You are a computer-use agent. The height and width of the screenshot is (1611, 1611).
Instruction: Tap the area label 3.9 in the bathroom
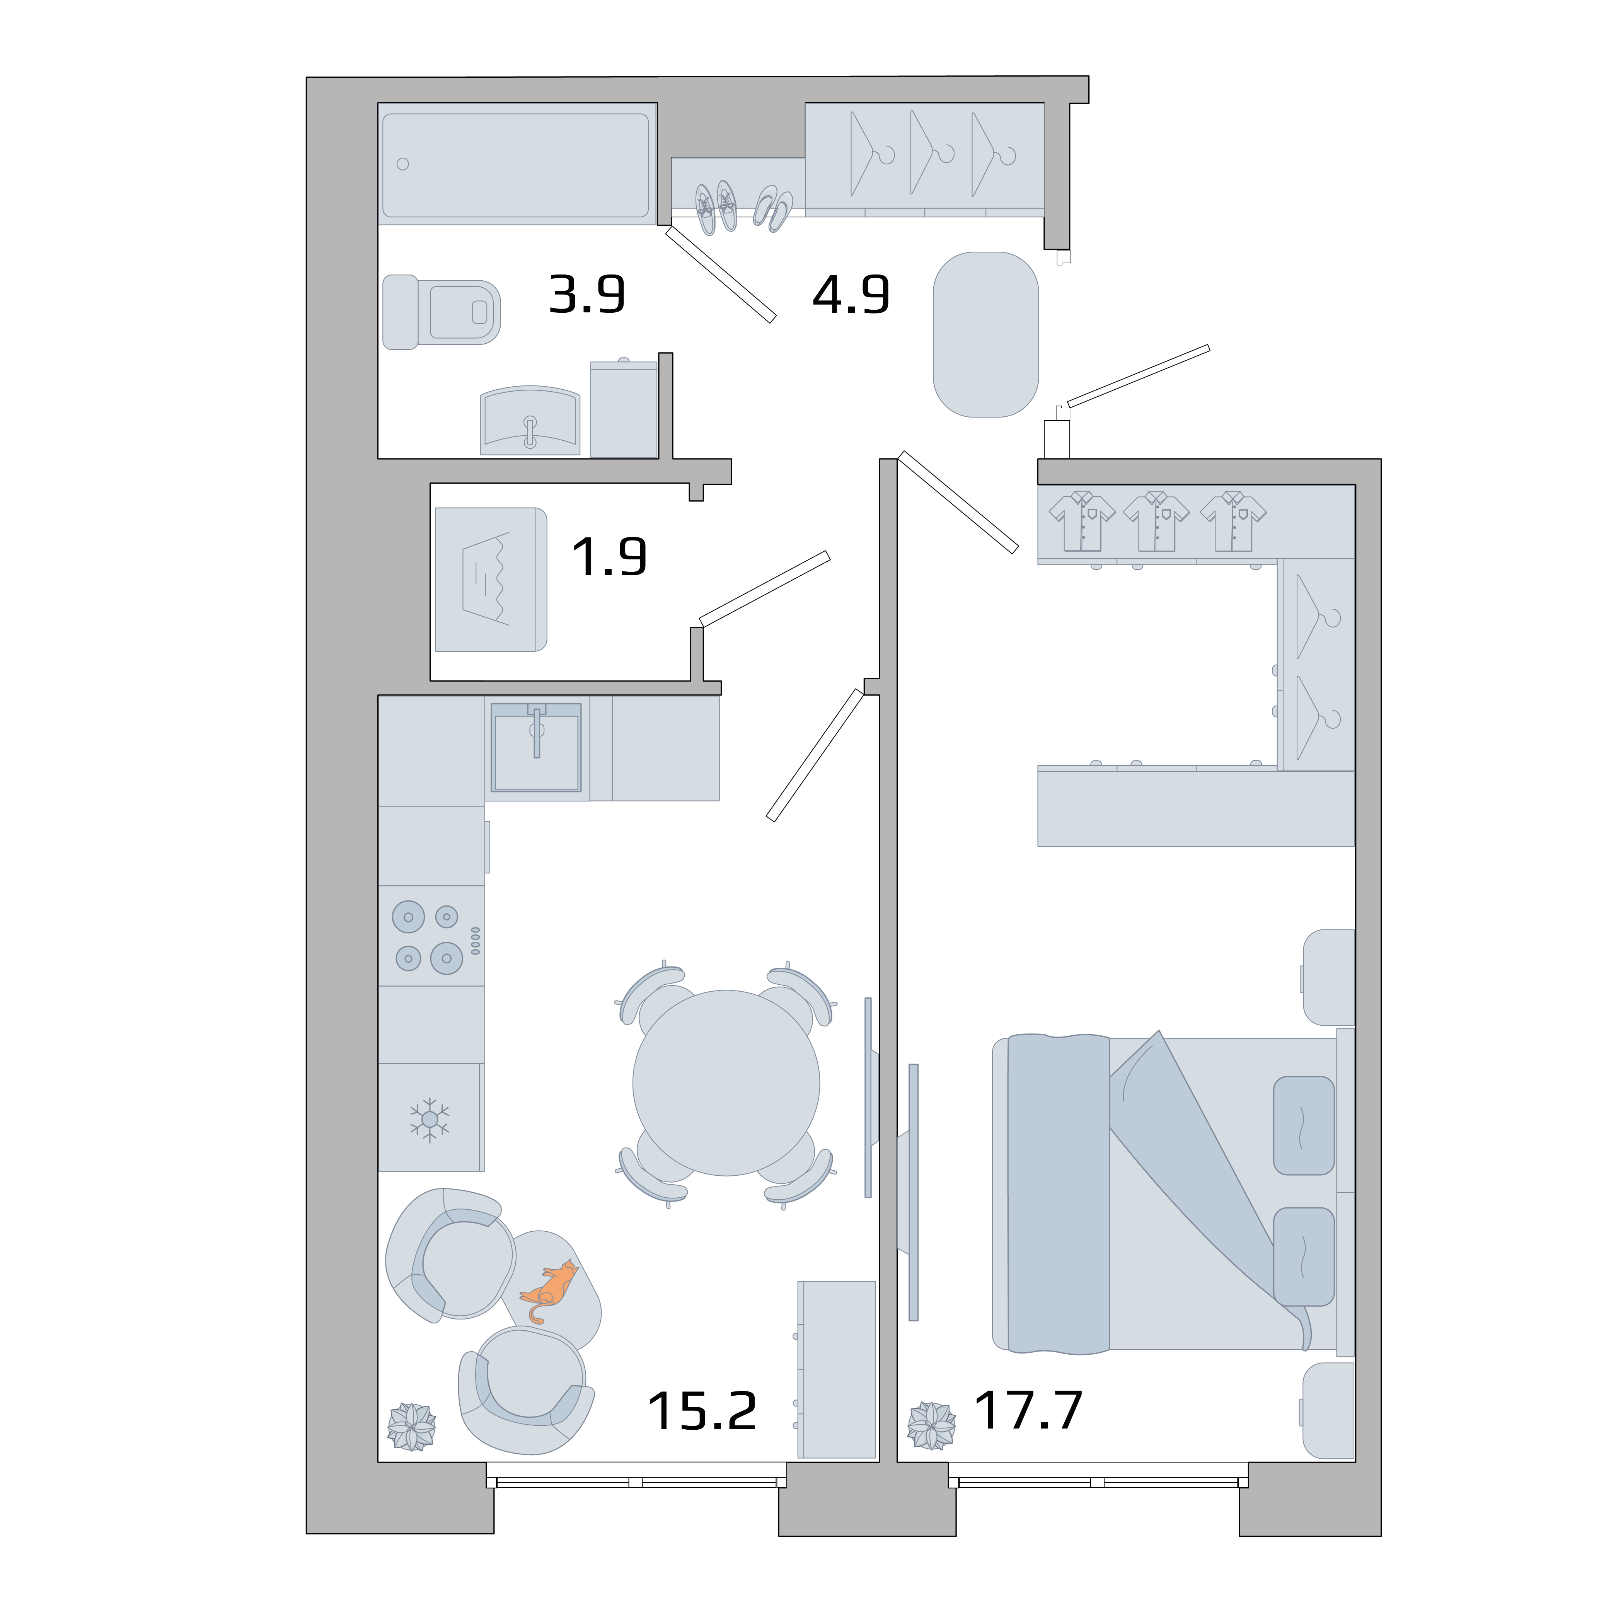click(x=587, y=294)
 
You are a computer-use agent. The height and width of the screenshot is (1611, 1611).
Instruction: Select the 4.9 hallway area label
click(x=851, y=294)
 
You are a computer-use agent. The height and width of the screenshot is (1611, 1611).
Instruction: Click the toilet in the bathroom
click(x=442, y=312)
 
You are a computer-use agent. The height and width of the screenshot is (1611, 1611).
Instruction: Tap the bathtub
click(x=515, y=164)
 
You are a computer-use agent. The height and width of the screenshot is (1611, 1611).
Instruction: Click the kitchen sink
click(x=536, y=747)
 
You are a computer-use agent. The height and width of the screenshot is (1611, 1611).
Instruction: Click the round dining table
click(x=725, y=1083)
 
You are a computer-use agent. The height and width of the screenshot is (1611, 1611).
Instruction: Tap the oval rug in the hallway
click(x=985, y=334)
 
